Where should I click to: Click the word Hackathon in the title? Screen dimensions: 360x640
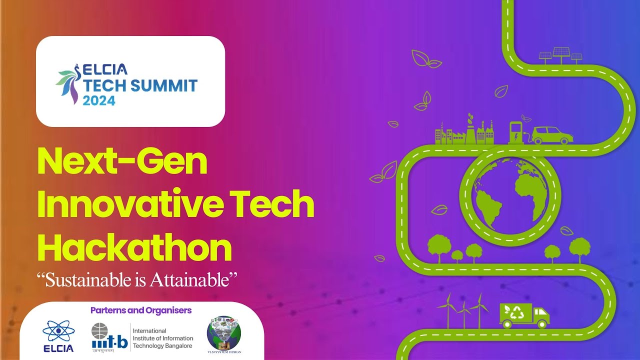(x=135, y=248)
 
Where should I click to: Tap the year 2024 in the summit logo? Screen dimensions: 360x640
(x=99, y=100)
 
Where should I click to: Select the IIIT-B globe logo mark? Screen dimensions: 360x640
(x=99, y=331)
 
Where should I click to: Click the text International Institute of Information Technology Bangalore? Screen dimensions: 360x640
(x=162, y=338)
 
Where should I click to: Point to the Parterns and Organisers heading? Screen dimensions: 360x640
(x=141, y=310)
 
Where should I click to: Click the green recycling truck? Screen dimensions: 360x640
(x=524, y=315)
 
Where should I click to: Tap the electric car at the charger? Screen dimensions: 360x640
(x=552, y=135)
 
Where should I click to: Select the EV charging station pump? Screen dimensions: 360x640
(x=515, y=132)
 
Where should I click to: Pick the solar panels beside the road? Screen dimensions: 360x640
(x=561, y=55)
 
